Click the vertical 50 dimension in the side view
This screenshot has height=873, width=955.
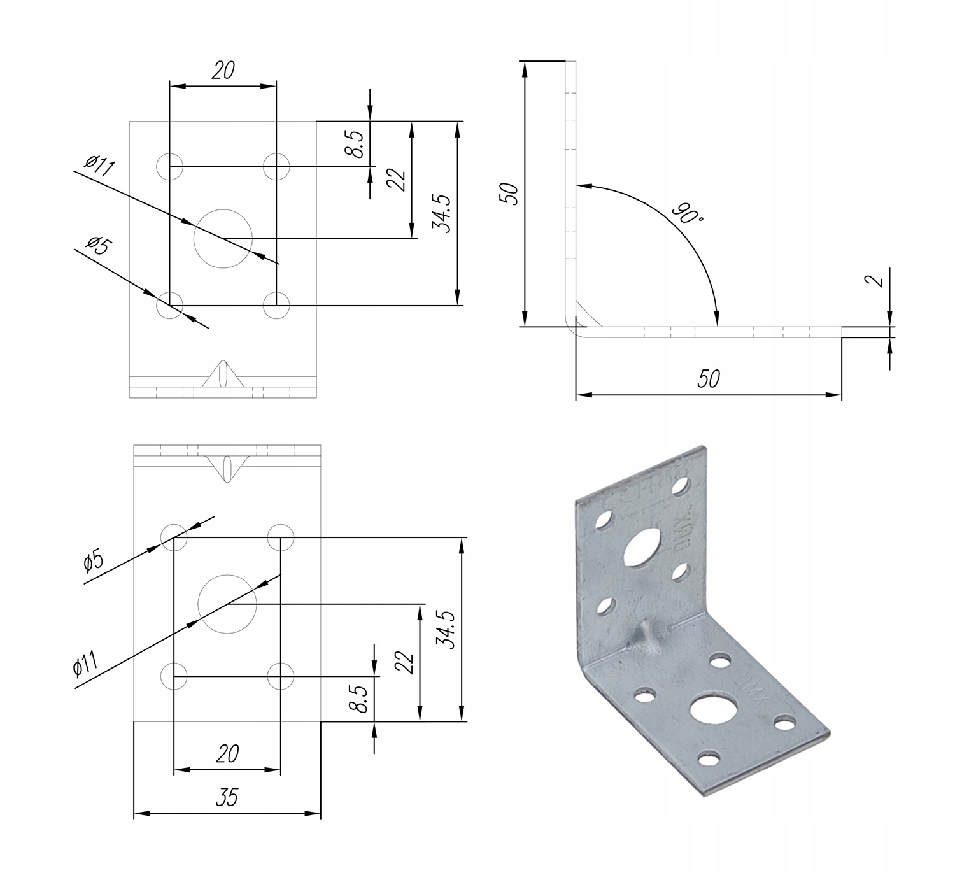pyautogui.click(x=510, y=194)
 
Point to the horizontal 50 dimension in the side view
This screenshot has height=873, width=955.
pyautogui.click(x=708, y=378)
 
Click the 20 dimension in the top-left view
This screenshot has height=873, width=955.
pyautogui.click(x=223, y=70)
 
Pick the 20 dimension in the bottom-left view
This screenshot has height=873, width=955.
pyautogui.click(x=227, y=754)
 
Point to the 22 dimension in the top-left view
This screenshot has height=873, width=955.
pyautogui.click(x=396, y=180)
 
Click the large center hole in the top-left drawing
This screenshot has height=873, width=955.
pyautogui.click(x=223, y=238)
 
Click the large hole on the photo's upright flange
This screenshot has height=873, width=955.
pyautogui.click(x=644, y=548)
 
